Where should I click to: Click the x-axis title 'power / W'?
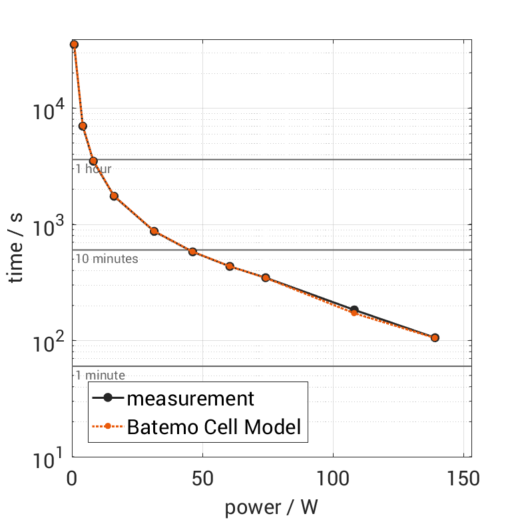pyautogui.click(x=271, y=507)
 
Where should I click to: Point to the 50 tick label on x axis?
pyautogui.click(x=202, y=478)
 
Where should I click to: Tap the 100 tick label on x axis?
pyautogui.click(x=332, y=478)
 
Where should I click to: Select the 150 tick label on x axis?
pyautogui.click(x=462, y=478)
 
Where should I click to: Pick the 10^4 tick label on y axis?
pyautogui.click(x=47, y=109)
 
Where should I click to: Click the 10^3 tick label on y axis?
pyautogui.click(x=47, y=225)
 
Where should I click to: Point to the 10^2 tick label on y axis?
pyautogui.click(x=47, y=341)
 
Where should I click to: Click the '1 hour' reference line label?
pyautogui.click(x=93, y=169)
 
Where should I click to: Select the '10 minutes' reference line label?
pyautogui.click(x=107, y=259)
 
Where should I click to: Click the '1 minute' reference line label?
pyautogui.click(x=100, y=376)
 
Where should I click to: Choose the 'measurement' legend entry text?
pyautogui.click(x=190, y=399)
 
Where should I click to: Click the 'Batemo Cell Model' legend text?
pyautogui.click(x=214, y=427)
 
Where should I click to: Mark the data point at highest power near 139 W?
pyautogui.click(x=435, y=338)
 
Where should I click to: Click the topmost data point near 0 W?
pyautogui.click(x=74, y=45)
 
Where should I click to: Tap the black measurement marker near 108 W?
pyautogui.click(x=354, y=310)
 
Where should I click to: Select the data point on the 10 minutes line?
pyautogui.click(x=192, y=252)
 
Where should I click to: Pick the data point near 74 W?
pyautogui.click(x=266, y=278)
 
